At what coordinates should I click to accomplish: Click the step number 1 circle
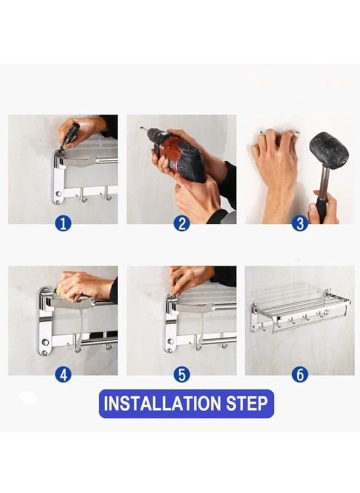[63, 224]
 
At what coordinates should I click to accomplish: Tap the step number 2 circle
[182, 224]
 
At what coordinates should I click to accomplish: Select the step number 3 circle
[300, 224]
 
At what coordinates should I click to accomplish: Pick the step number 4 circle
[63, 375]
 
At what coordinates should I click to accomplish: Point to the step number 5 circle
[182, 375]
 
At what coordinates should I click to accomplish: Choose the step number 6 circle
[300, 375]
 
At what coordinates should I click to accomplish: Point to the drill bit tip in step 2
[141, 128]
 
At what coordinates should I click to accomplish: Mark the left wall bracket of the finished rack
[254, 317]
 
